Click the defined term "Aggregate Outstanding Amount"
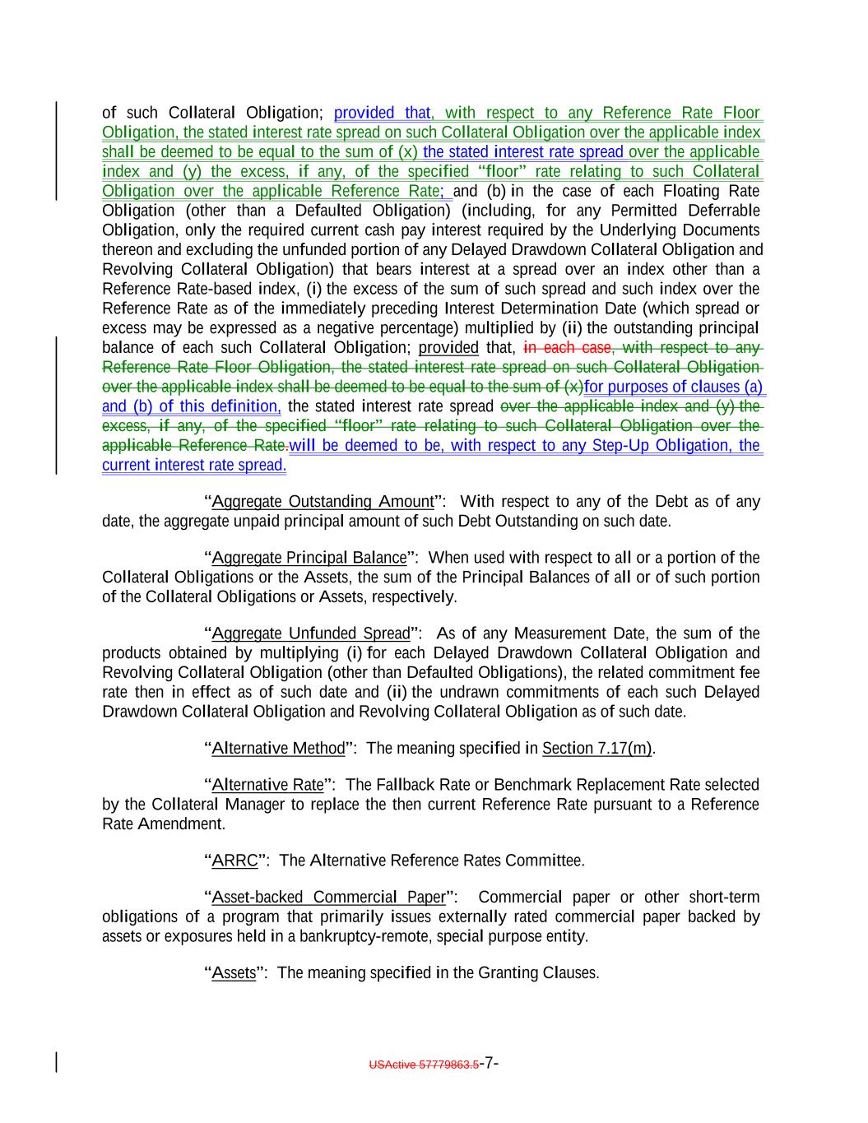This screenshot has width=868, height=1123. (323, 502)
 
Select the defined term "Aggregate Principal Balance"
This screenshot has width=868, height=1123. (309, 558)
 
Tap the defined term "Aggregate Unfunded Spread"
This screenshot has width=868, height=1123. (311, 633)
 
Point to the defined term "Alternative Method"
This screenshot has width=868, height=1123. (279, 749)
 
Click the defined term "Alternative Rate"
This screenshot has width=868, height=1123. (268, 785)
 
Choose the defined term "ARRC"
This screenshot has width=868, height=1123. (235, 861)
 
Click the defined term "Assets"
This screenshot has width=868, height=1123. (234, 973)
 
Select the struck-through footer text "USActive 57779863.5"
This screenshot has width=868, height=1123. (424, 1065)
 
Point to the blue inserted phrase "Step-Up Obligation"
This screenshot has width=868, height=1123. (668, 446)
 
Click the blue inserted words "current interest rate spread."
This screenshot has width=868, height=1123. (194, 466)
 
